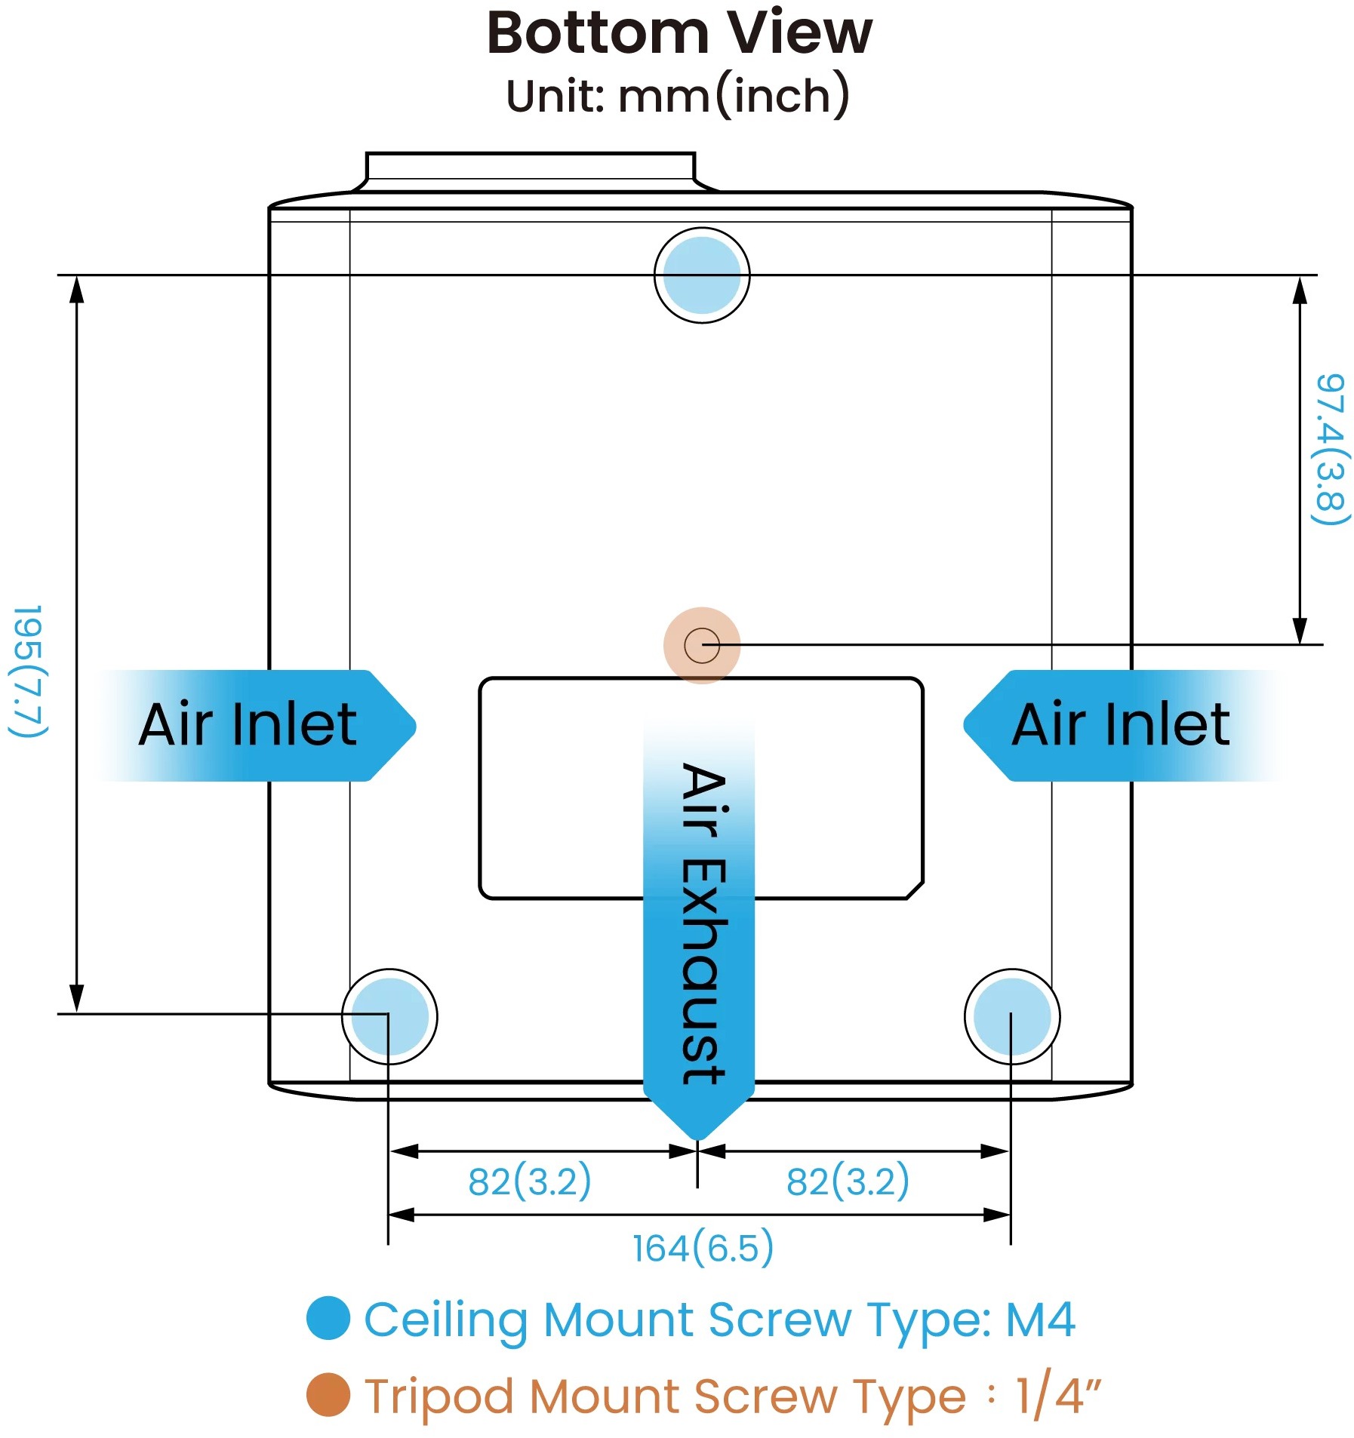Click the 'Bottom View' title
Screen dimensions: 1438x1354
click(x=679, y=34)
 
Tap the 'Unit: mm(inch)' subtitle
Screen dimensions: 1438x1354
click(x=678, y=97)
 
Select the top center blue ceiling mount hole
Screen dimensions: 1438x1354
click(x=702, y=275)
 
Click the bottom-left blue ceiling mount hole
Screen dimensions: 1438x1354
click(x=389, y=1016)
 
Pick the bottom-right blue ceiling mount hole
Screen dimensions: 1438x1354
click(x=1012, y=1016)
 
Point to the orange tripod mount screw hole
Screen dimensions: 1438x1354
click(x=702, y=646)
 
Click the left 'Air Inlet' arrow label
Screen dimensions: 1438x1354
click(x=248, y=725)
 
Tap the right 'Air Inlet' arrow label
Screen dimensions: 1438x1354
click(x=1121, y=725)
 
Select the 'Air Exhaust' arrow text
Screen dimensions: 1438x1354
click(x=702, y=924)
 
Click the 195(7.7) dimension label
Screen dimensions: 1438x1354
click(x=29, y=671)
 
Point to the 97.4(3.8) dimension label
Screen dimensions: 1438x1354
click(x=1329, y=450)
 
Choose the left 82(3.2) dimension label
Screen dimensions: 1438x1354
click(x=530, y=1181)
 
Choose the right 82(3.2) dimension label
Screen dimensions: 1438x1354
click(x=848, y=1181)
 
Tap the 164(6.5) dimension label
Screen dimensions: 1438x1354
click(x=703, y=1248)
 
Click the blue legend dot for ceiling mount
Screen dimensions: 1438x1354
click(x=328, y=1318)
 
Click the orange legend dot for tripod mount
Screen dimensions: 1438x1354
click(x=328, y=1395)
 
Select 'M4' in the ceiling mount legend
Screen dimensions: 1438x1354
click(x=1041, y=1320)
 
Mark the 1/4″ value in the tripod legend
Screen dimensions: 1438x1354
click(x=1057, y=1395)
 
